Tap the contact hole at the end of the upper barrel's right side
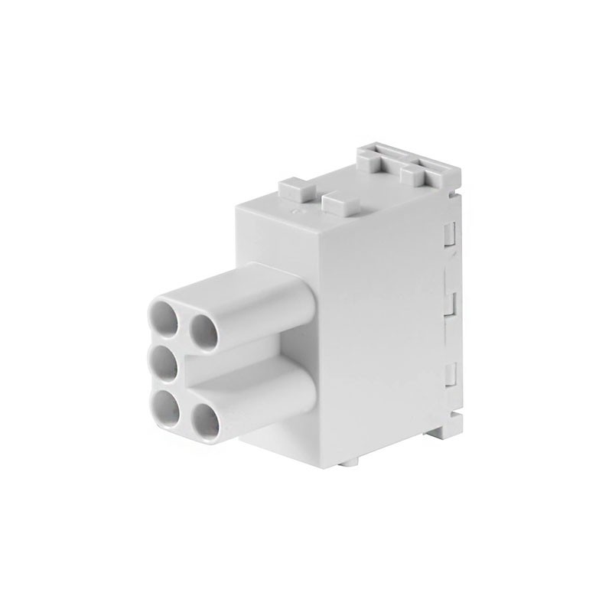pos(203,330)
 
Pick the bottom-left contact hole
pos(164,402)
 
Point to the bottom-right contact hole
pos(204,418)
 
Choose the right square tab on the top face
pos(341,203)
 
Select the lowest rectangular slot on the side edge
pos(451,375)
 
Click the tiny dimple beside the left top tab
pos(300,205)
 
